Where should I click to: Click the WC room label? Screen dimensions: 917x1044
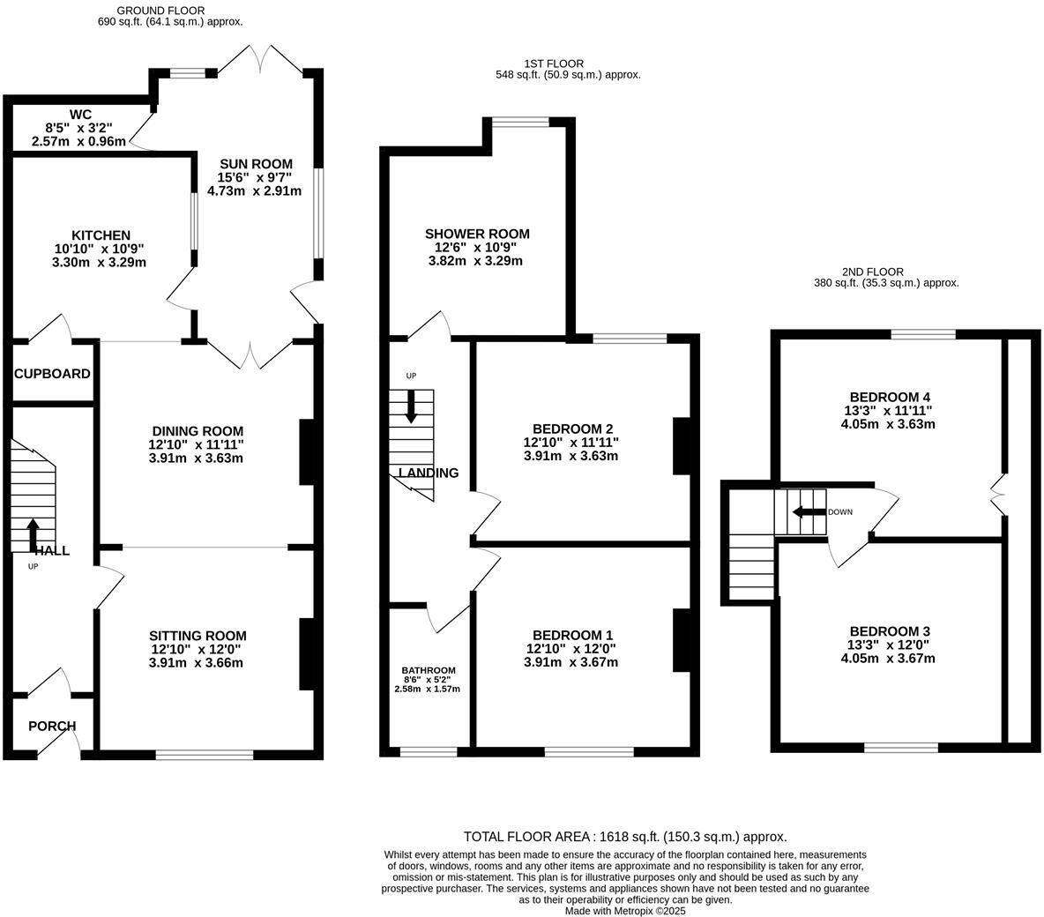point(80,114)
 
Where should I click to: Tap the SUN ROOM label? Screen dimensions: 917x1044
point(256,164)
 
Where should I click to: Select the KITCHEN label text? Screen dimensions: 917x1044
point(101,235)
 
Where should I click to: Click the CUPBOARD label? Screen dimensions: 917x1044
point(52,374)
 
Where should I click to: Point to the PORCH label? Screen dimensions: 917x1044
point(52,727)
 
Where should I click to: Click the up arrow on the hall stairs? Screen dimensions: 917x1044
point(34,534)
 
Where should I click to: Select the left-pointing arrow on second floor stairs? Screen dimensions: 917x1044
point(807,512)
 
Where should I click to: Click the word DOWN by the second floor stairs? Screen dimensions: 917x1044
point(840,512)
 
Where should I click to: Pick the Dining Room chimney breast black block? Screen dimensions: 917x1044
point(307,451)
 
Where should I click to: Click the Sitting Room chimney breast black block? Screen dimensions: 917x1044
point(307,653)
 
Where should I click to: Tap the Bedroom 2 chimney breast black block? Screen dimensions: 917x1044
point(682,446)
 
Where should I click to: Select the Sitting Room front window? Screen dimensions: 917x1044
point(205,755)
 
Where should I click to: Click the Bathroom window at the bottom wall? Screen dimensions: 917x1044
point(429,752)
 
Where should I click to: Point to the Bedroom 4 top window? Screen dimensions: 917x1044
point(923,334)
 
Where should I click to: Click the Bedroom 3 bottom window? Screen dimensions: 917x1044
point(901,748)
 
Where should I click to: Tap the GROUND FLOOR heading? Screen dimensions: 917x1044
point(149,11)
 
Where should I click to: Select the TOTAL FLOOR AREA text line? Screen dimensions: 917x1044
point(625,837)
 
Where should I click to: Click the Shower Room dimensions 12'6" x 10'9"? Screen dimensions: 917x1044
point(476,248)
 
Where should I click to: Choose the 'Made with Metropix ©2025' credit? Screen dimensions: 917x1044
point(625,911)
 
